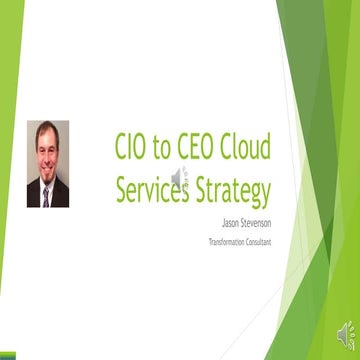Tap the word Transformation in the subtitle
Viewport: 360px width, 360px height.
click(x=229, y=241)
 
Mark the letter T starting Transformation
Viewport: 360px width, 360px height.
click(x=210, y=241)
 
